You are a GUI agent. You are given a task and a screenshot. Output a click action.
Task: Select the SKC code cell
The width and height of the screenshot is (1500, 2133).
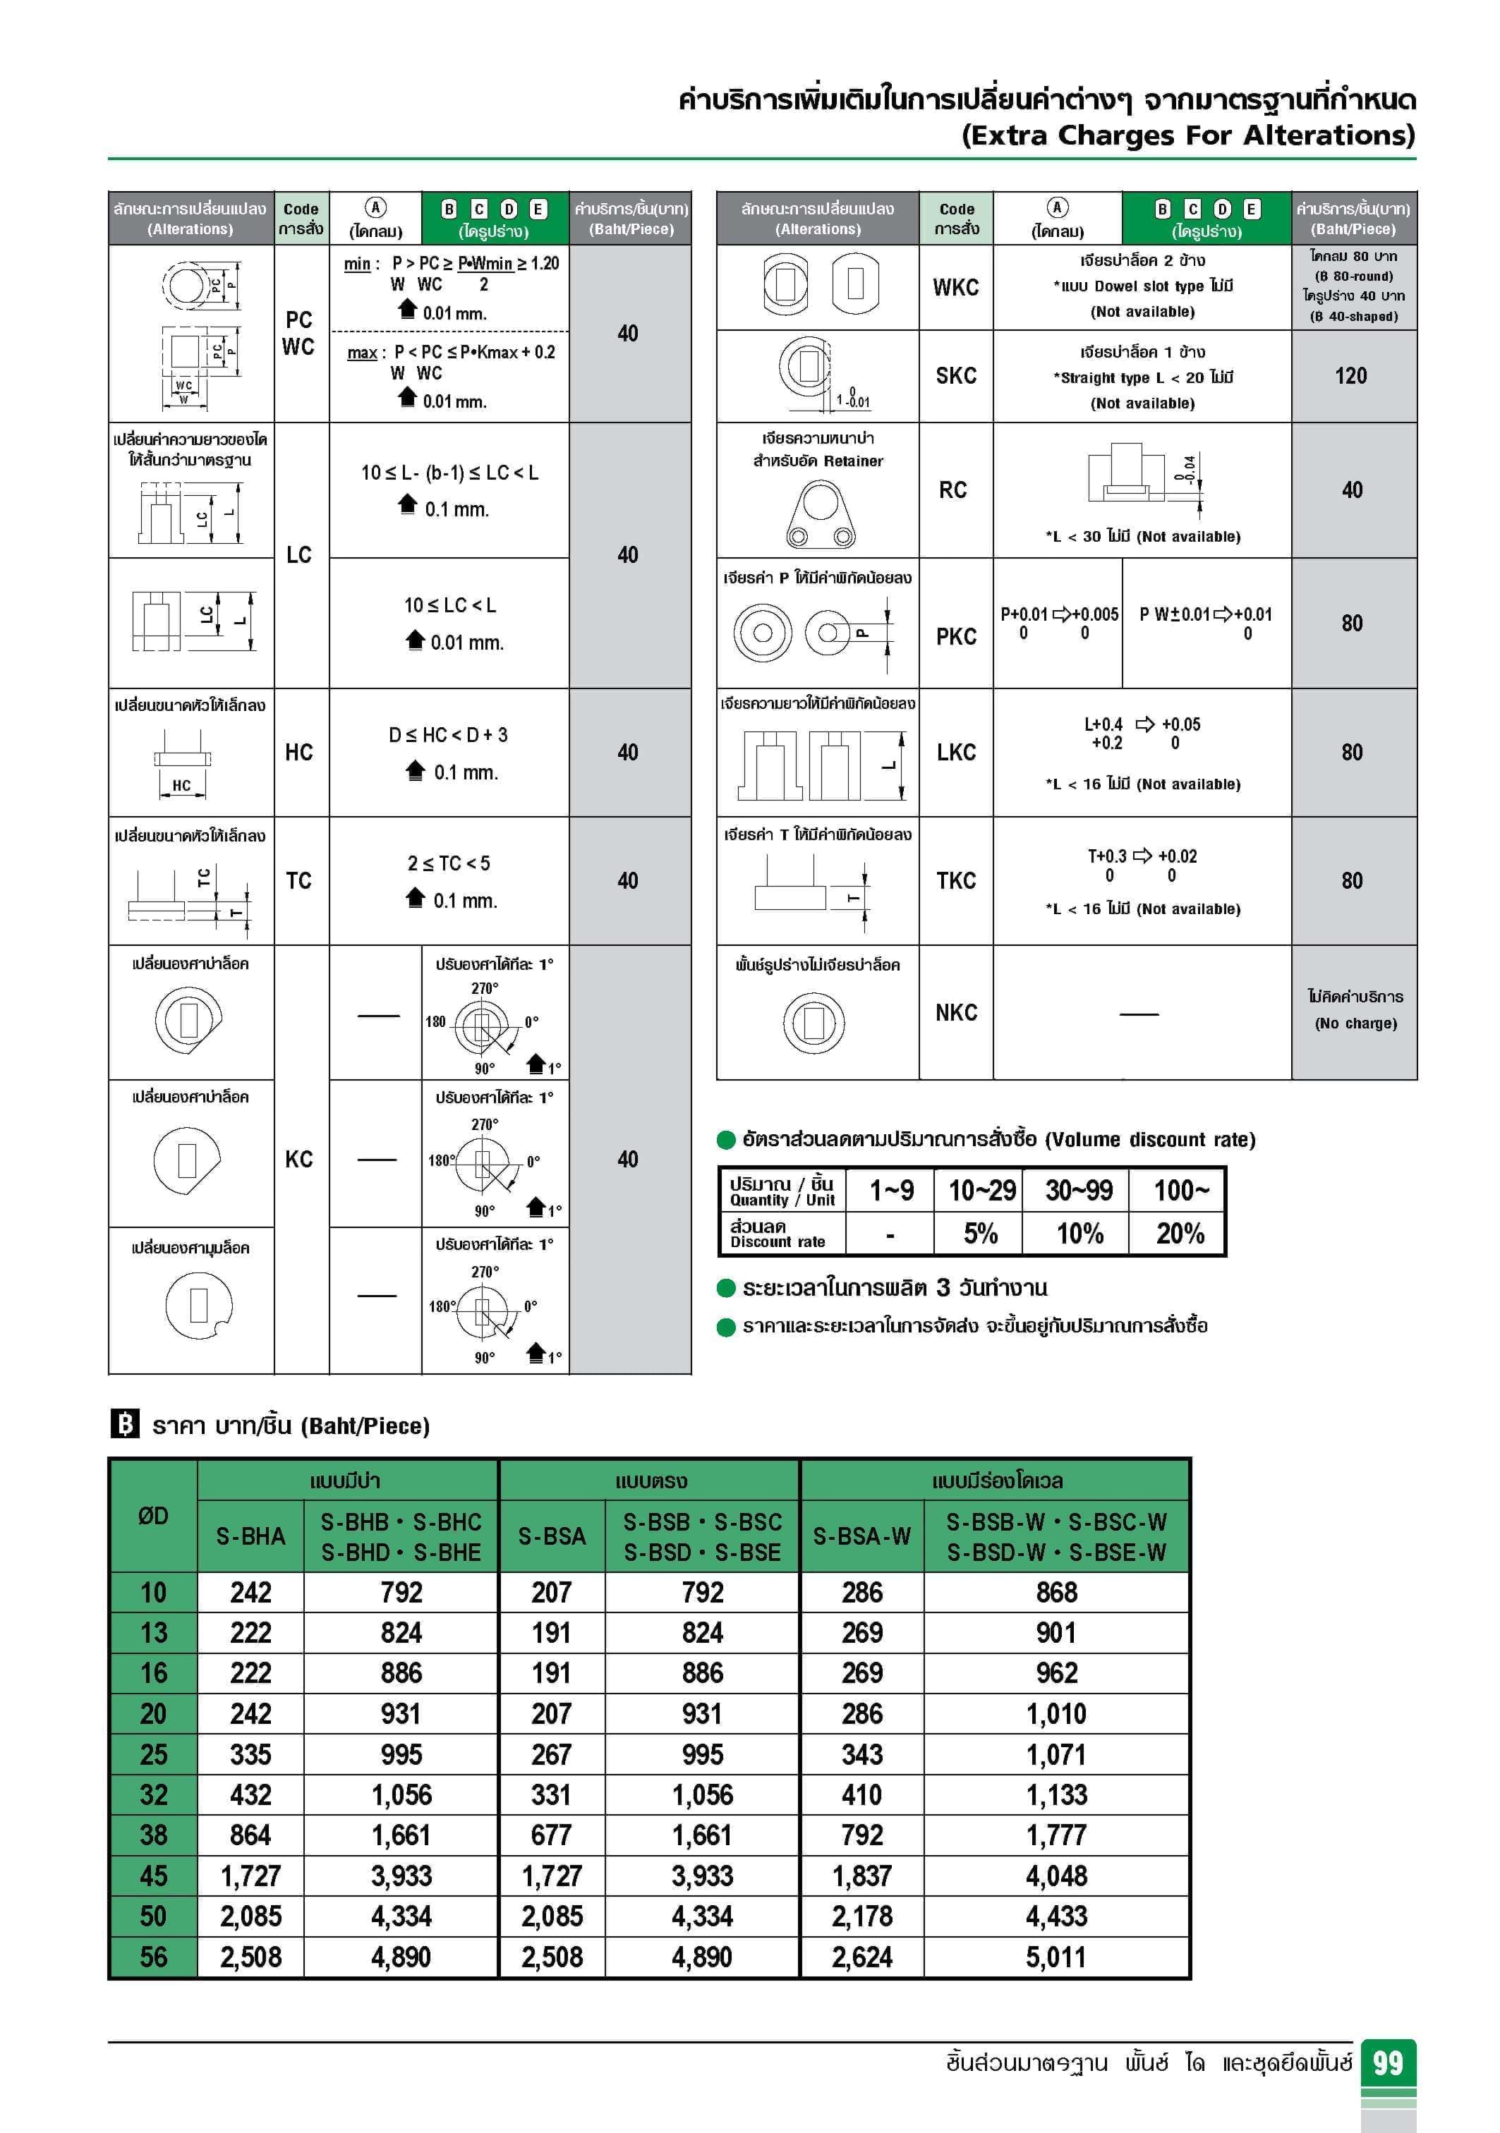pyautogui.click(x=955, y=376)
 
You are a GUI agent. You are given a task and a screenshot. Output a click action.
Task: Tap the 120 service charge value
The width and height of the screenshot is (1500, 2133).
pyautogui.click(x=1350, y=376)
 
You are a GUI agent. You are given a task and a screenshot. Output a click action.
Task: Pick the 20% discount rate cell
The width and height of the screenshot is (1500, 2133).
pyautogui.click(x=1180, y=1234)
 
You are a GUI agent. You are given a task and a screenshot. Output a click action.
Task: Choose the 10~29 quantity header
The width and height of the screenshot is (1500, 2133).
pyautogui.click(x=981, y=1190)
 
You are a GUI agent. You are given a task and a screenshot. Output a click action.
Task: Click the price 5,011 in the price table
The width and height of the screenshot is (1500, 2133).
pyautogui.click(x=1056, y=1957)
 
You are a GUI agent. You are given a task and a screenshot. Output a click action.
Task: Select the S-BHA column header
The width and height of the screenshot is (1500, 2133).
pyautogui.click(x=250, y=1536)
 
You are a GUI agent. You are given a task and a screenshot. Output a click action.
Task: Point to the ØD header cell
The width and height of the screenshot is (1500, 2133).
pyautogui.click(x=153, y=1516)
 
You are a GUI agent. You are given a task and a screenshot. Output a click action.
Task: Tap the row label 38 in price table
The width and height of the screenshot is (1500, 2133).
pyautogui.click(x=153, y=1835)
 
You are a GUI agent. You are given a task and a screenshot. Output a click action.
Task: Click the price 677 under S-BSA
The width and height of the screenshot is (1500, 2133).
pyautogui.click(x=551, y=1835)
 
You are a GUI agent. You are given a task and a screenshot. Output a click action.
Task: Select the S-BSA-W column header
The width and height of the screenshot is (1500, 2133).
pyautogui.click(x=861, y=1536)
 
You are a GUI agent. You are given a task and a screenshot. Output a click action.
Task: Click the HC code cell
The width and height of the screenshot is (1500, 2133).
pyautogui.click(x=298, y=753)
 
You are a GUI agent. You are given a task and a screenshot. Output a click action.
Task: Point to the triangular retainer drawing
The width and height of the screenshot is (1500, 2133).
pyautogui.click(x=820, y=516)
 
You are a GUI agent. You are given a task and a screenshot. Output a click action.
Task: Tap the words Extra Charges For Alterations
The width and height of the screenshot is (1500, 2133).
pyautogui.click(x=1187, y=135)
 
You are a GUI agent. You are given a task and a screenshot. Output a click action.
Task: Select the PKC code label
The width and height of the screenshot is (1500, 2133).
pyautogui.click(x=955, y=636)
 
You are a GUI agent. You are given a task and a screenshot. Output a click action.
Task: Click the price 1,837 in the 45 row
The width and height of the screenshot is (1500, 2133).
pyautogui.click(x=861, y=1876)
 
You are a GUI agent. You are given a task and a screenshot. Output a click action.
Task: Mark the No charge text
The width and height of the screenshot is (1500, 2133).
pyautogui.click(x=1355, y=1023)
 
